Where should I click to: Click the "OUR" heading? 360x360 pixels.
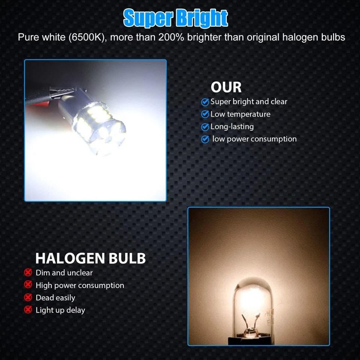(226, 87)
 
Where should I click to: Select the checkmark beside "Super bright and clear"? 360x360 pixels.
(205, 102)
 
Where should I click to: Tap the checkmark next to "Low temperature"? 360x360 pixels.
(205, 114)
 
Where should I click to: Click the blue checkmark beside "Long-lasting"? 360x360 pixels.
(205, 127)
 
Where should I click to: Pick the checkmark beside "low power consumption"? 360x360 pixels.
(205, 139)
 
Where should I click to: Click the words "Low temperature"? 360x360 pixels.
(240, 114)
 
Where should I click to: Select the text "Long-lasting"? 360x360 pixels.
(232, 127)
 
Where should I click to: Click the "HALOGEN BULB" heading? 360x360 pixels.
(90, 258)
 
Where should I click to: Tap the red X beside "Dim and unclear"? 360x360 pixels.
(28, 273)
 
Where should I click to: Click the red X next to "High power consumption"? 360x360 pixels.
(28, 285)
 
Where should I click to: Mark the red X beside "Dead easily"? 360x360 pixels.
(28, 297)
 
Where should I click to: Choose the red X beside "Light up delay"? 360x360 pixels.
(28, 310)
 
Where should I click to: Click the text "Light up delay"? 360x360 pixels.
(60, 310)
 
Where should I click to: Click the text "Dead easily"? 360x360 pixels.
(55, 298)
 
